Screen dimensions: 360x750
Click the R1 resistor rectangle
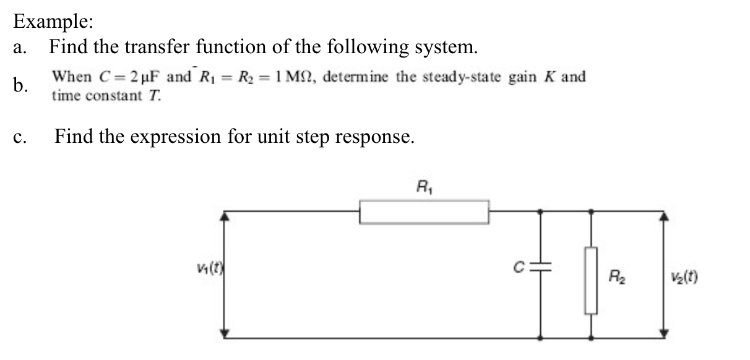point(425,212)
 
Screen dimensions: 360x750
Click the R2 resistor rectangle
point(592,280)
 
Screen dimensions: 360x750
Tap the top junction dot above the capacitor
point(542,211)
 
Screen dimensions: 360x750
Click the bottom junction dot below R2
point(592,338)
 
